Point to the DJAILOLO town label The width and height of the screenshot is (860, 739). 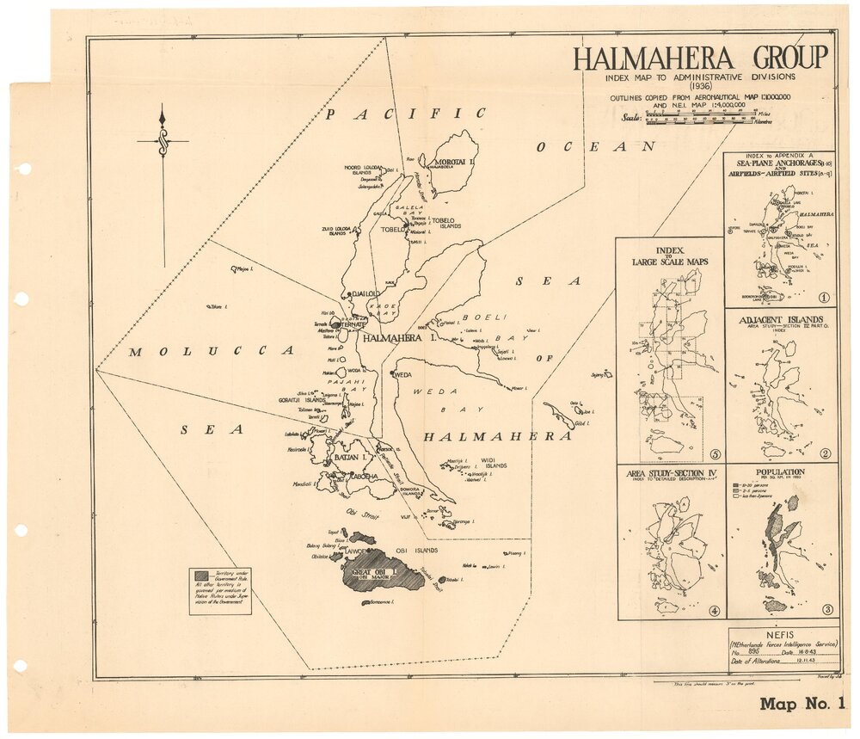coord(365,293)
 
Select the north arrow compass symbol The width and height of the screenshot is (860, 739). coord(163,141)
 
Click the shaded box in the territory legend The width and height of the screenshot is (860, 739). coord(200,575)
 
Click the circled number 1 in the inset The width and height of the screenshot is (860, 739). coord(823,298)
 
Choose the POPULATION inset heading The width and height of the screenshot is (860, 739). coord(780,471)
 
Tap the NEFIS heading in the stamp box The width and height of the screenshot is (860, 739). coord(780,631)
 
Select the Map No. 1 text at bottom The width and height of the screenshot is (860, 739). coord(802,705)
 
